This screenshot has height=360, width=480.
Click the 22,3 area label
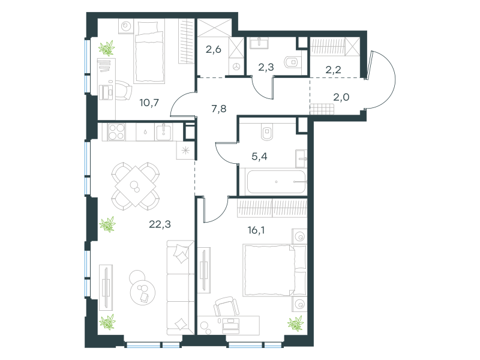point(160,224)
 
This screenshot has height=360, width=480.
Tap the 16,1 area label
point(256,230)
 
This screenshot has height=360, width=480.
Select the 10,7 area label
point(149,103)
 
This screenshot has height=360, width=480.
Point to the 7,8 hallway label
point(219,109)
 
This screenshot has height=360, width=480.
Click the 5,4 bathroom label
point(259,157)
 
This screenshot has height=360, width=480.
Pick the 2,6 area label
point(214,49)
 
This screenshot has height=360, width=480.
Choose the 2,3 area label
point(266,67)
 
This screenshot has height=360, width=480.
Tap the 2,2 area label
point(333,70)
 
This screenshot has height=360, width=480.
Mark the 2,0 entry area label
point(341,97)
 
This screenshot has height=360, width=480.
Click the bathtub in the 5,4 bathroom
point(276,182)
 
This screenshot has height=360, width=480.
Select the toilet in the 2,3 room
point(292,62)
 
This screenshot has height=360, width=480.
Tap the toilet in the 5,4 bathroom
point(267,131)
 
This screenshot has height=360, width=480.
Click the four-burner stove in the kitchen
point(116,132)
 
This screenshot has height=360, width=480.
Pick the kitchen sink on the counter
point(164,132)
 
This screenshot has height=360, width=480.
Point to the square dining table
point(136,186)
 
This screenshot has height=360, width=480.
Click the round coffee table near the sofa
point(142,292)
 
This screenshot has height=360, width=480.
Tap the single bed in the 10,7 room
point(149,51)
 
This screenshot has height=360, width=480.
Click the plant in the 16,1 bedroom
point(295,323)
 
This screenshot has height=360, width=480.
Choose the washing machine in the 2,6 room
point(236,67)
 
